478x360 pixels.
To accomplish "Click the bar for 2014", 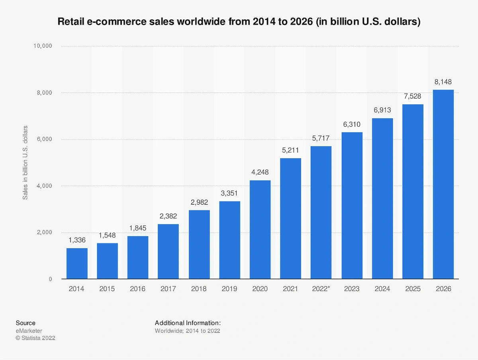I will pos(77,263).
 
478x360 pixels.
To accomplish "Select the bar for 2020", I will pos(260,229).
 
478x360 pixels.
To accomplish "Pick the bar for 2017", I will pos(168,251).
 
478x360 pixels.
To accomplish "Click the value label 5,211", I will pos(290,151).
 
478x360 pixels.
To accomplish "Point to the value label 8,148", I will pos(443,82).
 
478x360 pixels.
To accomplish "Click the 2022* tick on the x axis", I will pos(321,289).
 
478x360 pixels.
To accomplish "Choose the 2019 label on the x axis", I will pos(229,289).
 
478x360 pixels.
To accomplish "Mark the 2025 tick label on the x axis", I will pos(413,289).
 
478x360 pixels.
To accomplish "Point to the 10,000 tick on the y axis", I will pos(42,46).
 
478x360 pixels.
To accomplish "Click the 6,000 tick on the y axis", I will pos(44,139).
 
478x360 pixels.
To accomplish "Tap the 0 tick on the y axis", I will pos(51,279).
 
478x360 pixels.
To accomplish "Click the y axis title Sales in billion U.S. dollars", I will pos(25,162).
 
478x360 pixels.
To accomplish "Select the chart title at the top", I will pos(239,22).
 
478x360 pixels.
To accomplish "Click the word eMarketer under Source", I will pos(29,331).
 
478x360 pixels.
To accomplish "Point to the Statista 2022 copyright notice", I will pos(35,338).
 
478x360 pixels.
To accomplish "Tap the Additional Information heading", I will pos(188,323).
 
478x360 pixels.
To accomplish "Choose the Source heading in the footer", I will pos(25,323).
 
